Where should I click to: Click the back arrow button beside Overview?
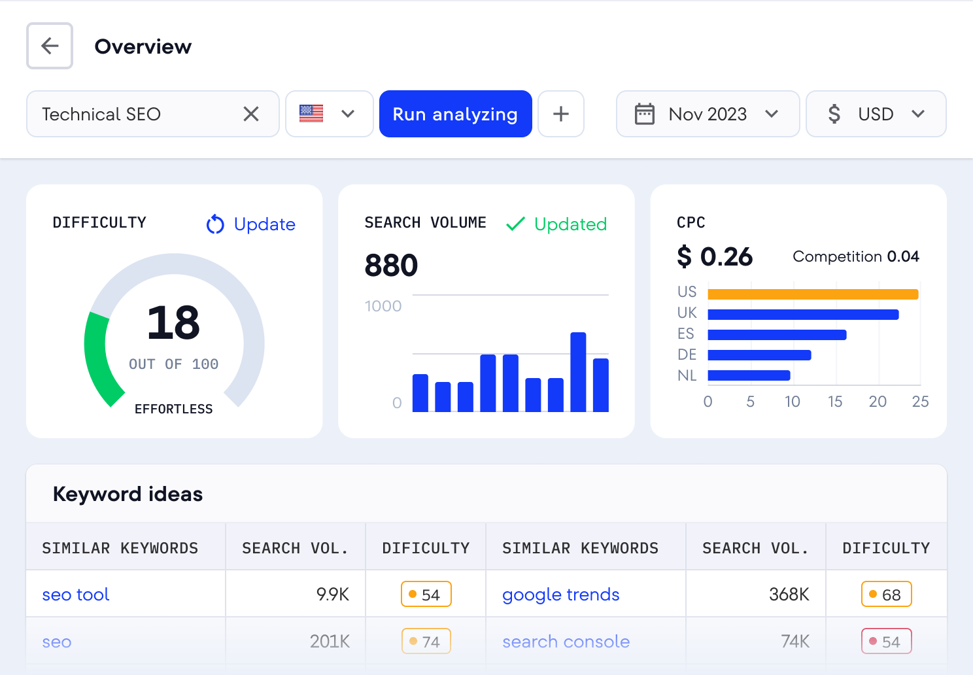pos(50,46)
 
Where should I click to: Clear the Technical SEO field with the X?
pos(251,114)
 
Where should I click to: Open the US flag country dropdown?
pos(330,114)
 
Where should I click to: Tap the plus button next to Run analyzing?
pos(560,114)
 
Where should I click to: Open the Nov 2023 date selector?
pos(708,114)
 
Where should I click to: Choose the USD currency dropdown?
pos(876,114)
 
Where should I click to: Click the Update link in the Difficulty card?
pos(251,224)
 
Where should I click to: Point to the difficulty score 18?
pos(173,322)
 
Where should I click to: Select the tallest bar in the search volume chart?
pos(578,372)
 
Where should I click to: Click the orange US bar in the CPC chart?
pos(813,294)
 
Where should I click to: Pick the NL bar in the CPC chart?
pos(749,375)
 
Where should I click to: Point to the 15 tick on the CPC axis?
pos(835,402)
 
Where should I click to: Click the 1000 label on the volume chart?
pos(383,306)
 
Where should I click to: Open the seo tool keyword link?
pos(76,595)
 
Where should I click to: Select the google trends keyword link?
pos(560,595)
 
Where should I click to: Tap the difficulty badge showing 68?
pos(886,595)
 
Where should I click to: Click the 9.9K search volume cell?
pos(332,595)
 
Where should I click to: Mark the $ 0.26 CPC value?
pos(715,256)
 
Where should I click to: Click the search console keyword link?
pos(566,642)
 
